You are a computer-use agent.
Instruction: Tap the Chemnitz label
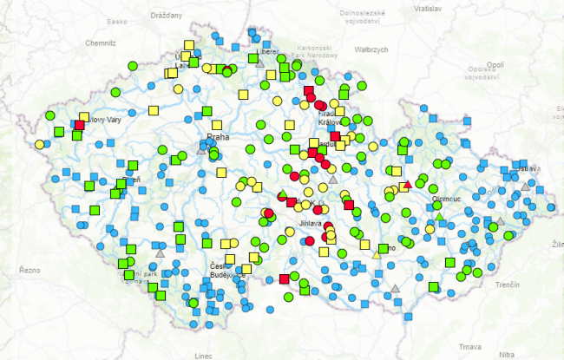(x=101, y=42)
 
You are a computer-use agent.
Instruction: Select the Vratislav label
(x=428, y=8)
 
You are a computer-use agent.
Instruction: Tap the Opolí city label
(x=495, y=64)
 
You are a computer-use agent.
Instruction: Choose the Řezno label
(x=30, y=270)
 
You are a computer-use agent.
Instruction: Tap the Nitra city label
(x=507, y=354)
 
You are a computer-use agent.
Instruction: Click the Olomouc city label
(x=446, y=199)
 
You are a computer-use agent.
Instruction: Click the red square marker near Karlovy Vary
(x=80, y=125)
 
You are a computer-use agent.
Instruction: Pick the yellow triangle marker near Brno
(x=377, y=253)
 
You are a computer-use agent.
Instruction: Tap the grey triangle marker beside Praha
(x=201, y=150)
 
